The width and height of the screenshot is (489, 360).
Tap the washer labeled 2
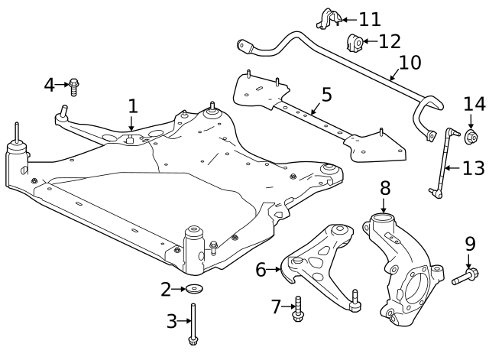(x=196, y=289)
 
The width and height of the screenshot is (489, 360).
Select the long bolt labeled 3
(x=195, y=321)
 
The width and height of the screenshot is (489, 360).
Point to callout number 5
(x=326, y=95)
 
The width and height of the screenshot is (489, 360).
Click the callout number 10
(x=410, y=62)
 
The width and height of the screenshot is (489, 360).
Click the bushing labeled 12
(x=355, y=43)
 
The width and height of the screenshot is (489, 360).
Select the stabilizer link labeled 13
(x=437, y=164)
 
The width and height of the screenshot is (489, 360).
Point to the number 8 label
(x=385, y=187)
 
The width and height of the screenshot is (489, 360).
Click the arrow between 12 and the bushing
(x=368, y=41)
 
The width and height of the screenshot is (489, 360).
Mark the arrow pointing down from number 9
(x=469, y=261)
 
